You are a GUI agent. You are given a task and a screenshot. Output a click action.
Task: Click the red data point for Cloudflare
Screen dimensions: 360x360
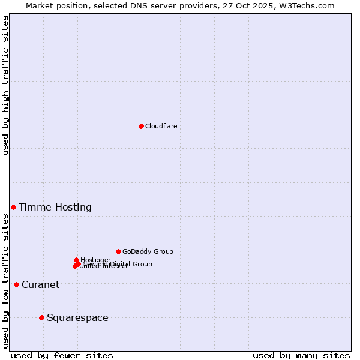[x=141, y=126]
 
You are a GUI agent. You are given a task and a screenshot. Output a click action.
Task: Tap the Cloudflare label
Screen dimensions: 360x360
[x=161, y=126]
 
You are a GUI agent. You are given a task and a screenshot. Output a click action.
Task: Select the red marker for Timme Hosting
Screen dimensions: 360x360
[x=13, y=207]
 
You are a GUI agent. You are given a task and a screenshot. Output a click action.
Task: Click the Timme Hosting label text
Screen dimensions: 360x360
[x=55, y=208]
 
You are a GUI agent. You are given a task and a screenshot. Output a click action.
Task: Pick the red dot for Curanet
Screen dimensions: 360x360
[x=16, y=284]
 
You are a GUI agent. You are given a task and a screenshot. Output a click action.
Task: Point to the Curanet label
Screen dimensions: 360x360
[x=41, y=285]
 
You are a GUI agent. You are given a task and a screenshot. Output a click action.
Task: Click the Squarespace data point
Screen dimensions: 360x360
[x=41, y=317]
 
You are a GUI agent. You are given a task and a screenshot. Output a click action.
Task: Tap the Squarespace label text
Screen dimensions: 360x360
[x=77, y=318]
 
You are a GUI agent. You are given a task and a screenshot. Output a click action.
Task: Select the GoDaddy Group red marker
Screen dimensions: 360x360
[x=118, y=251]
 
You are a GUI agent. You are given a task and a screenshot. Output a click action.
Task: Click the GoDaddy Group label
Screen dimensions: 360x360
[x=148, y=252]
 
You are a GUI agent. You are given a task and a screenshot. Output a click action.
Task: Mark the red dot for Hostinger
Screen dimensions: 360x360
[x=76, y=260]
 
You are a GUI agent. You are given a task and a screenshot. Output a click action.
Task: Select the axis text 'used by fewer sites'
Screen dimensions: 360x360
[x=62, y=355]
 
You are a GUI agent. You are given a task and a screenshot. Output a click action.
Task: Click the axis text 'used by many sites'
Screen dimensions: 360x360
[x=301, y=355]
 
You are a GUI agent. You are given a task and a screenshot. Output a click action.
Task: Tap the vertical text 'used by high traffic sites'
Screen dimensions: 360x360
[x=5, y=85]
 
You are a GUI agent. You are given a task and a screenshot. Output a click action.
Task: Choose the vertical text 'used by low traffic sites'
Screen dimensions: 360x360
[x=5, y=281]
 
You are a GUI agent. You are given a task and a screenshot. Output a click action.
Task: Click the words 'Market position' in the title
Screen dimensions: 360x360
[x=55, y=5]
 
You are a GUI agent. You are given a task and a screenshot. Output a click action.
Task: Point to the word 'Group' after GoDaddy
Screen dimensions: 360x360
[x=163, y=252]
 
